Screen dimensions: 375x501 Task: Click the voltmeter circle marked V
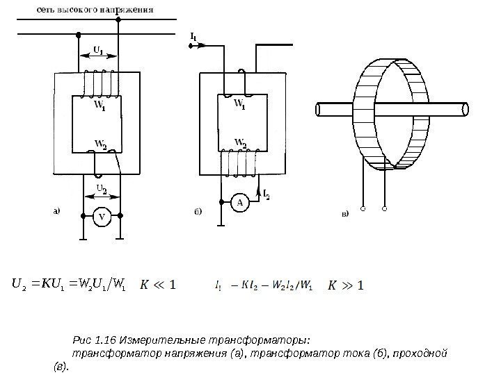pos(102,217)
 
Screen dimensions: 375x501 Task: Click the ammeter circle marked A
pos(240,203)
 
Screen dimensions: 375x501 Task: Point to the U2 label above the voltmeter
pos(102,188)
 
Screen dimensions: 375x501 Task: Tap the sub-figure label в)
pos(344,215)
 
